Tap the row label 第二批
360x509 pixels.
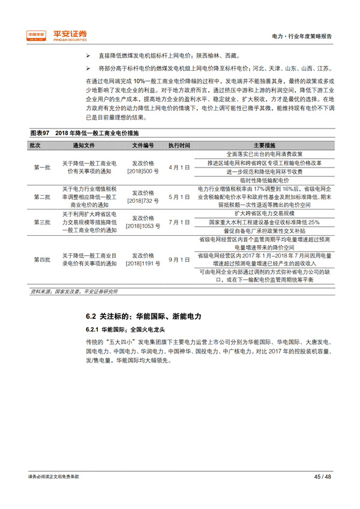coord(42,197)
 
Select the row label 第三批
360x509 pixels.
coord(42,222)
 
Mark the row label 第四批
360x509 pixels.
coord(42,259)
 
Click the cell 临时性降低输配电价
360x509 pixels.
coord(265,180)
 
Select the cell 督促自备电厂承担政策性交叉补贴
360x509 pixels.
coord(265,230)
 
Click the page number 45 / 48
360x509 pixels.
coord(322,476)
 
